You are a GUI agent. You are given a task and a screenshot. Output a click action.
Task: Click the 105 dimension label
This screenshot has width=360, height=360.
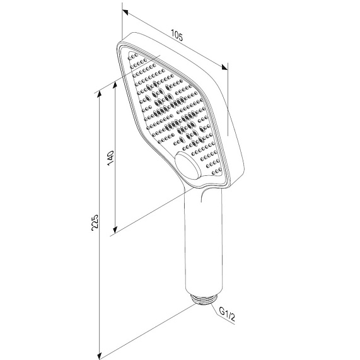click(177, 35)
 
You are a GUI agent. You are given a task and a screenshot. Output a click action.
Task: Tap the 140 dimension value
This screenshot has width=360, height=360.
click(110, 158)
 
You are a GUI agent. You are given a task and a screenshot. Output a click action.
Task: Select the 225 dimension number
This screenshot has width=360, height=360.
click(95, 223)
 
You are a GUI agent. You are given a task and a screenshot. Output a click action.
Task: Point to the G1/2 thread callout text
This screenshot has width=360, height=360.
click(227, 314)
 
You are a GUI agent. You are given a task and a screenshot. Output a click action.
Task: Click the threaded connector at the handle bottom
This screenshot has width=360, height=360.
click(204, 300)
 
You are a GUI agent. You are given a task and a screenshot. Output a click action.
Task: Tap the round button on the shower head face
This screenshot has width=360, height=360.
click(188, 166)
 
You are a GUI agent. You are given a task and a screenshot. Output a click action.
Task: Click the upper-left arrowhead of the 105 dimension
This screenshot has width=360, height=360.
click(125, 12)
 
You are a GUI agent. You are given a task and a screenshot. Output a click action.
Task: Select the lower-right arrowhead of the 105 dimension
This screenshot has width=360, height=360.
click(224, 67)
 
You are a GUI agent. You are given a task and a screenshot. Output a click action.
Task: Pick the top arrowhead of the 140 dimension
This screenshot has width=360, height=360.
click(115, 86)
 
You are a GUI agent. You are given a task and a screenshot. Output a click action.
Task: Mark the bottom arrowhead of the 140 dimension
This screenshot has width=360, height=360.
click(115, 229)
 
